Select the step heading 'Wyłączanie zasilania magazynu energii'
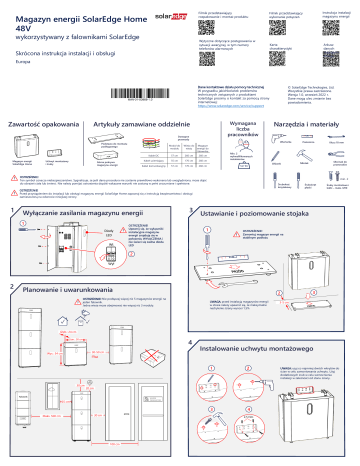89,214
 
